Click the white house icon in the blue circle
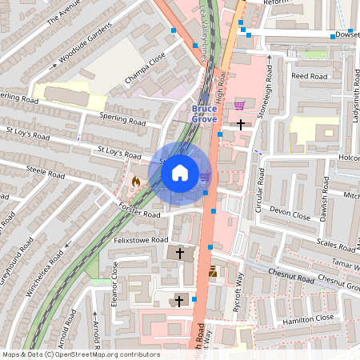point(180,172)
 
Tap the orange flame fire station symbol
point(135,182)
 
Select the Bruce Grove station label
point(203,113)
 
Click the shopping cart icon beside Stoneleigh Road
point(239,106)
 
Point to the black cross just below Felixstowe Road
point(180,253)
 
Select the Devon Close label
point(289,211)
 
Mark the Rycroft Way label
point(237,289)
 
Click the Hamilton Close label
point(307,318)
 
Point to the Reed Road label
point(310,76)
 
